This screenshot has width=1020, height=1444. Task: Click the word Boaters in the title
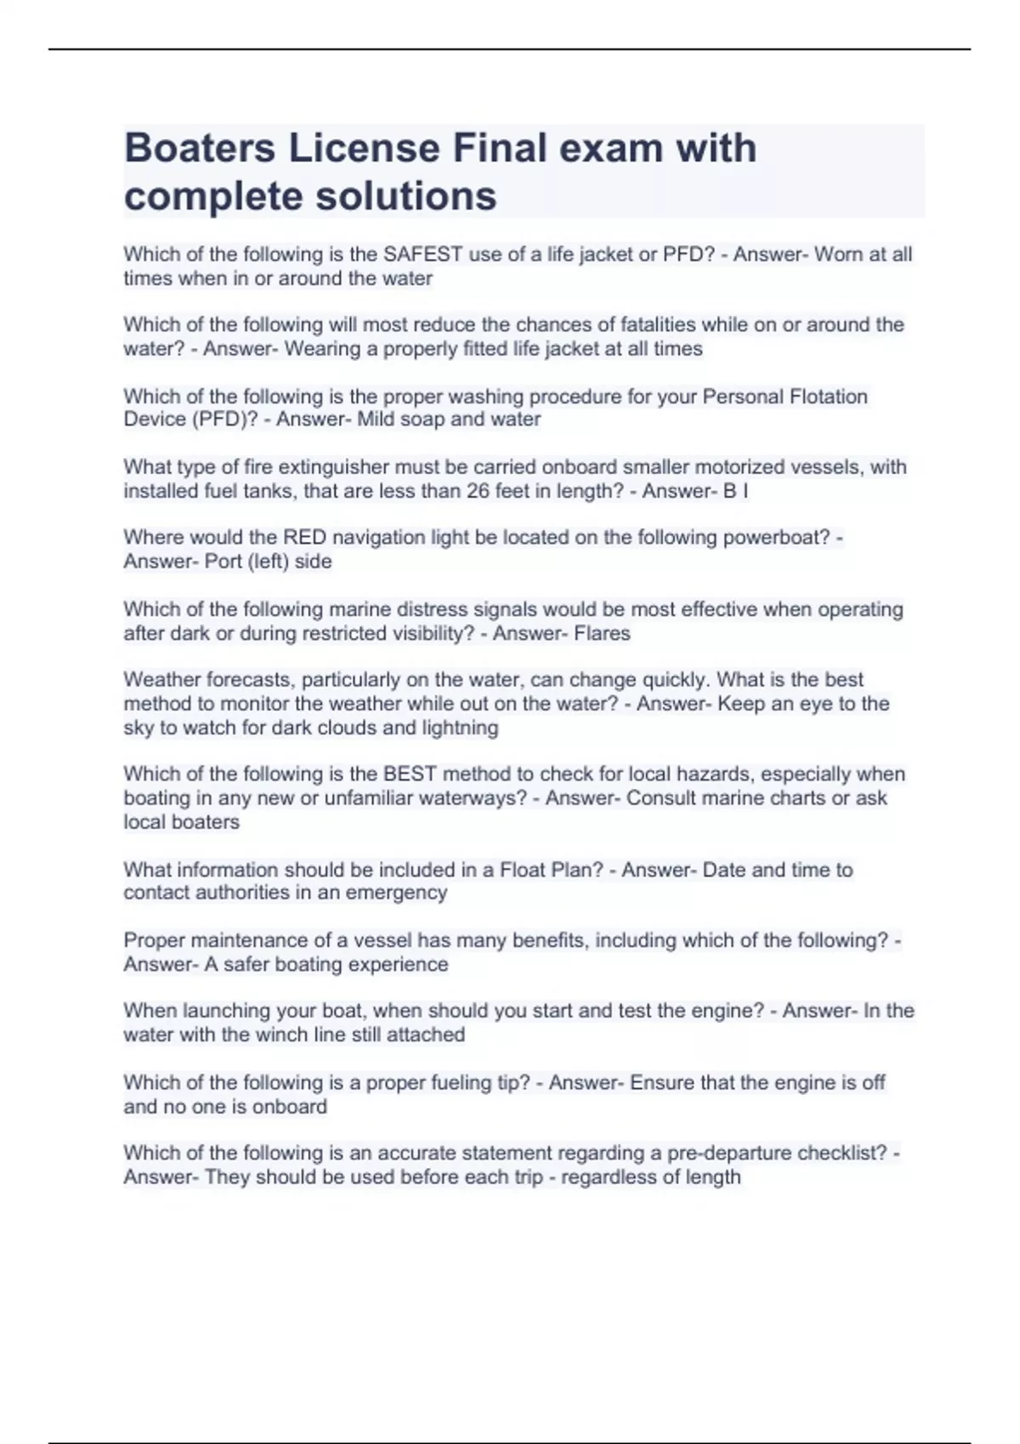[x=200, y=149]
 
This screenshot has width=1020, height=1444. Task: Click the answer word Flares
[x=602, y=634]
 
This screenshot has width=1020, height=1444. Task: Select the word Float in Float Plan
[x=523, y=870]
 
